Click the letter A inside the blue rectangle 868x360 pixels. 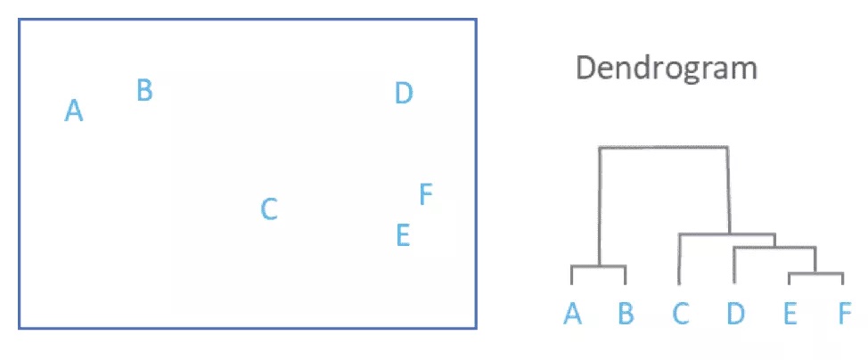coord(74,111)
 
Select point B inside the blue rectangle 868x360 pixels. coord(144,90)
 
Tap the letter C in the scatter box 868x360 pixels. coord(269,209)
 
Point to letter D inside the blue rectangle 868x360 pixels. coord(404,93)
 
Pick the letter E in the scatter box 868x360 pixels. coord(402,235)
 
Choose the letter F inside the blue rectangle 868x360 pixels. coord(426,194)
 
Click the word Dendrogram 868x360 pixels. coord(667,68)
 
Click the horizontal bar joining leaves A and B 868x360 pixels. coord(599,266)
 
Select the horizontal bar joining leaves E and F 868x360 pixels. coord(815,274)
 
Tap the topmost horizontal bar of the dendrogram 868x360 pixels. coord(664,147)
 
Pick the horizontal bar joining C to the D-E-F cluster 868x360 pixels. coord(726,234)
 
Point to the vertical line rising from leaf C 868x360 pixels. coord(679,258)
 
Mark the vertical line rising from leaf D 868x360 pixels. coord(733,266)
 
